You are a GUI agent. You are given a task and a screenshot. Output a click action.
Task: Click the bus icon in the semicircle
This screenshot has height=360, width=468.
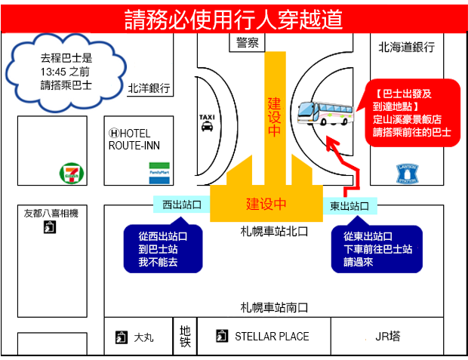324,112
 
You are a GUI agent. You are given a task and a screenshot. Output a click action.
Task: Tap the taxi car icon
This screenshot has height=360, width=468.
206,128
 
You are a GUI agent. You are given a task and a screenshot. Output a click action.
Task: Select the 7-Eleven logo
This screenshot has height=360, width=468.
69,174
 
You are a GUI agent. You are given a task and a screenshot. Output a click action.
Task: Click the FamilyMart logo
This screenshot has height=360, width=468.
159,168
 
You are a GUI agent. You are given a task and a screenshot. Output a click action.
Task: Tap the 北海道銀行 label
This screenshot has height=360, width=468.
407,47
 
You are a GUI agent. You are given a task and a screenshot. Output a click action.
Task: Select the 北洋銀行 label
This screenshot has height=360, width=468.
149,88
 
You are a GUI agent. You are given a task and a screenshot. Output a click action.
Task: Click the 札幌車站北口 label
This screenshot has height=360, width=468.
275,231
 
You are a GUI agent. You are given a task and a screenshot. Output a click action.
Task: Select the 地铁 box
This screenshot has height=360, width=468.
185,336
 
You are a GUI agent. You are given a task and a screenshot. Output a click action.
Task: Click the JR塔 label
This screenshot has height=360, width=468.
387,337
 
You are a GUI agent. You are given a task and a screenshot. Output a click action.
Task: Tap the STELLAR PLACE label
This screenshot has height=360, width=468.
271,337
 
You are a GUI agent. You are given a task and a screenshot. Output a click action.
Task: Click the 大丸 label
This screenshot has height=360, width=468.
143,337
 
